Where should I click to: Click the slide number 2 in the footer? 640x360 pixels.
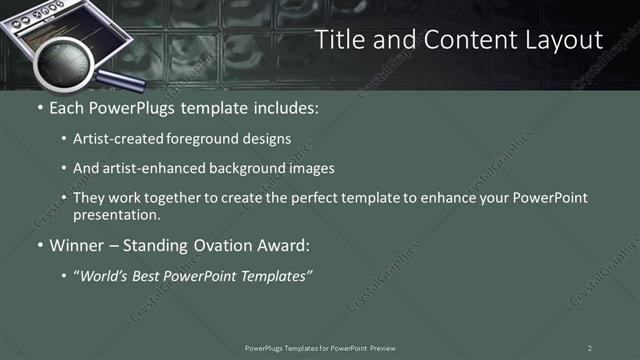tap(590, 348)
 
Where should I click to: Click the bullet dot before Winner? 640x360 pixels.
tap(39, 245)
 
